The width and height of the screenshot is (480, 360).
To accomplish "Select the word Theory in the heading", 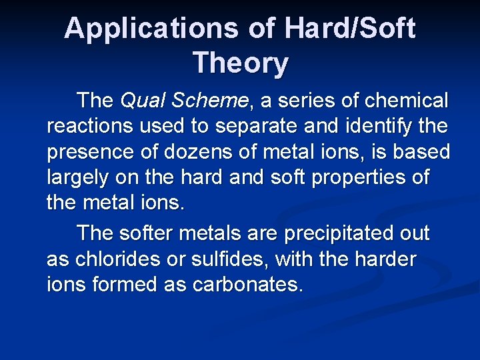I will [x=241, y=63].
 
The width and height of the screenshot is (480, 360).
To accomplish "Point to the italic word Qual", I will [x=141, y=101].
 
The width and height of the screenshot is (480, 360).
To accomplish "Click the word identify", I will [x=372, y=127].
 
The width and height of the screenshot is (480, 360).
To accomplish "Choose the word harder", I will [x=383, y=259].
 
